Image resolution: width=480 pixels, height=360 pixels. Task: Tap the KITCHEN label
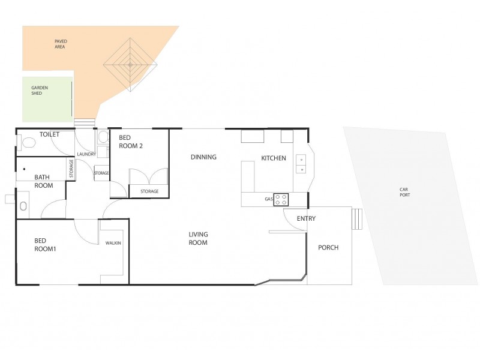point(273,158)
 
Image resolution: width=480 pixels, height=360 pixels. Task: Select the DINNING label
point(203,157)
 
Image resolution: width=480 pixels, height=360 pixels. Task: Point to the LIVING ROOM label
point(198,239)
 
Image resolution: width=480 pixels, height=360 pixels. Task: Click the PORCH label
point(328,247)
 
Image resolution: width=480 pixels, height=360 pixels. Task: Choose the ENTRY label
point(306,219)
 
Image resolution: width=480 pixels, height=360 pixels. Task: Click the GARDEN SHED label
point(40,91)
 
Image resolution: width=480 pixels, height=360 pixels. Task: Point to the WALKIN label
point(113,243)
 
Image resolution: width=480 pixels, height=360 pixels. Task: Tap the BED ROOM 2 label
point(130,142)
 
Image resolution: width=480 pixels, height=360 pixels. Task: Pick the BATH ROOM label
point(43,181)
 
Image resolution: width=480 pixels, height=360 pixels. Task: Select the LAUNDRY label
point(86,154)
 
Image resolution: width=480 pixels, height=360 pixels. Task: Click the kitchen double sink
point(301,164)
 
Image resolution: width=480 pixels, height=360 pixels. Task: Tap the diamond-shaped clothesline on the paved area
point(130,62)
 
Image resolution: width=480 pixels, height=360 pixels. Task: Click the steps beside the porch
point(358,219)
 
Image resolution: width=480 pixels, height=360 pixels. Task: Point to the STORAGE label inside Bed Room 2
point(149,191)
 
